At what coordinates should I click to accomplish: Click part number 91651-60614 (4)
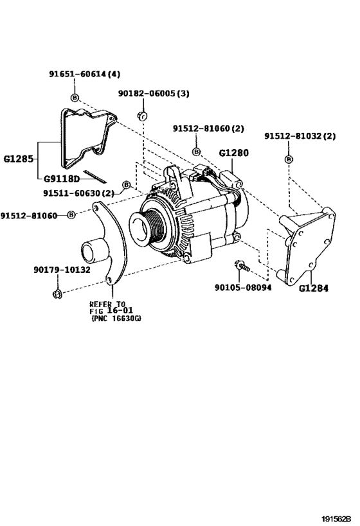84,74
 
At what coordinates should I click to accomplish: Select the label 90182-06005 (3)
154,94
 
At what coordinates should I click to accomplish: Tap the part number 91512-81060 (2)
208,128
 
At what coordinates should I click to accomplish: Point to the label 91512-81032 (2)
300,136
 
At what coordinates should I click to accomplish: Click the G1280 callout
233,153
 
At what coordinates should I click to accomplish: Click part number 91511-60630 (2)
78,192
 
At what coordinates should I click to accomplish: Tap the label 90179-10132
62,270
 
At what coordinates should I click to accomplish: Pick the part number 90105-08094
242,287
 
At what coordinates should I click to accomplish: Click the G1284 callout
314,288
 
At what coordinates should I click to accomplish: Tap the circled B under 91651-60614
75,98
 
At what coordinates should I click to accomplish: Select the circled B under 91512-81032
289,159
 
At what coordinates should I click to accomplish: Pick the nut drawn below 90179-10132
57,294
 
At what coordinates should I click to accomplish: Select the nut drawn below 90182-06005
143,116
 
